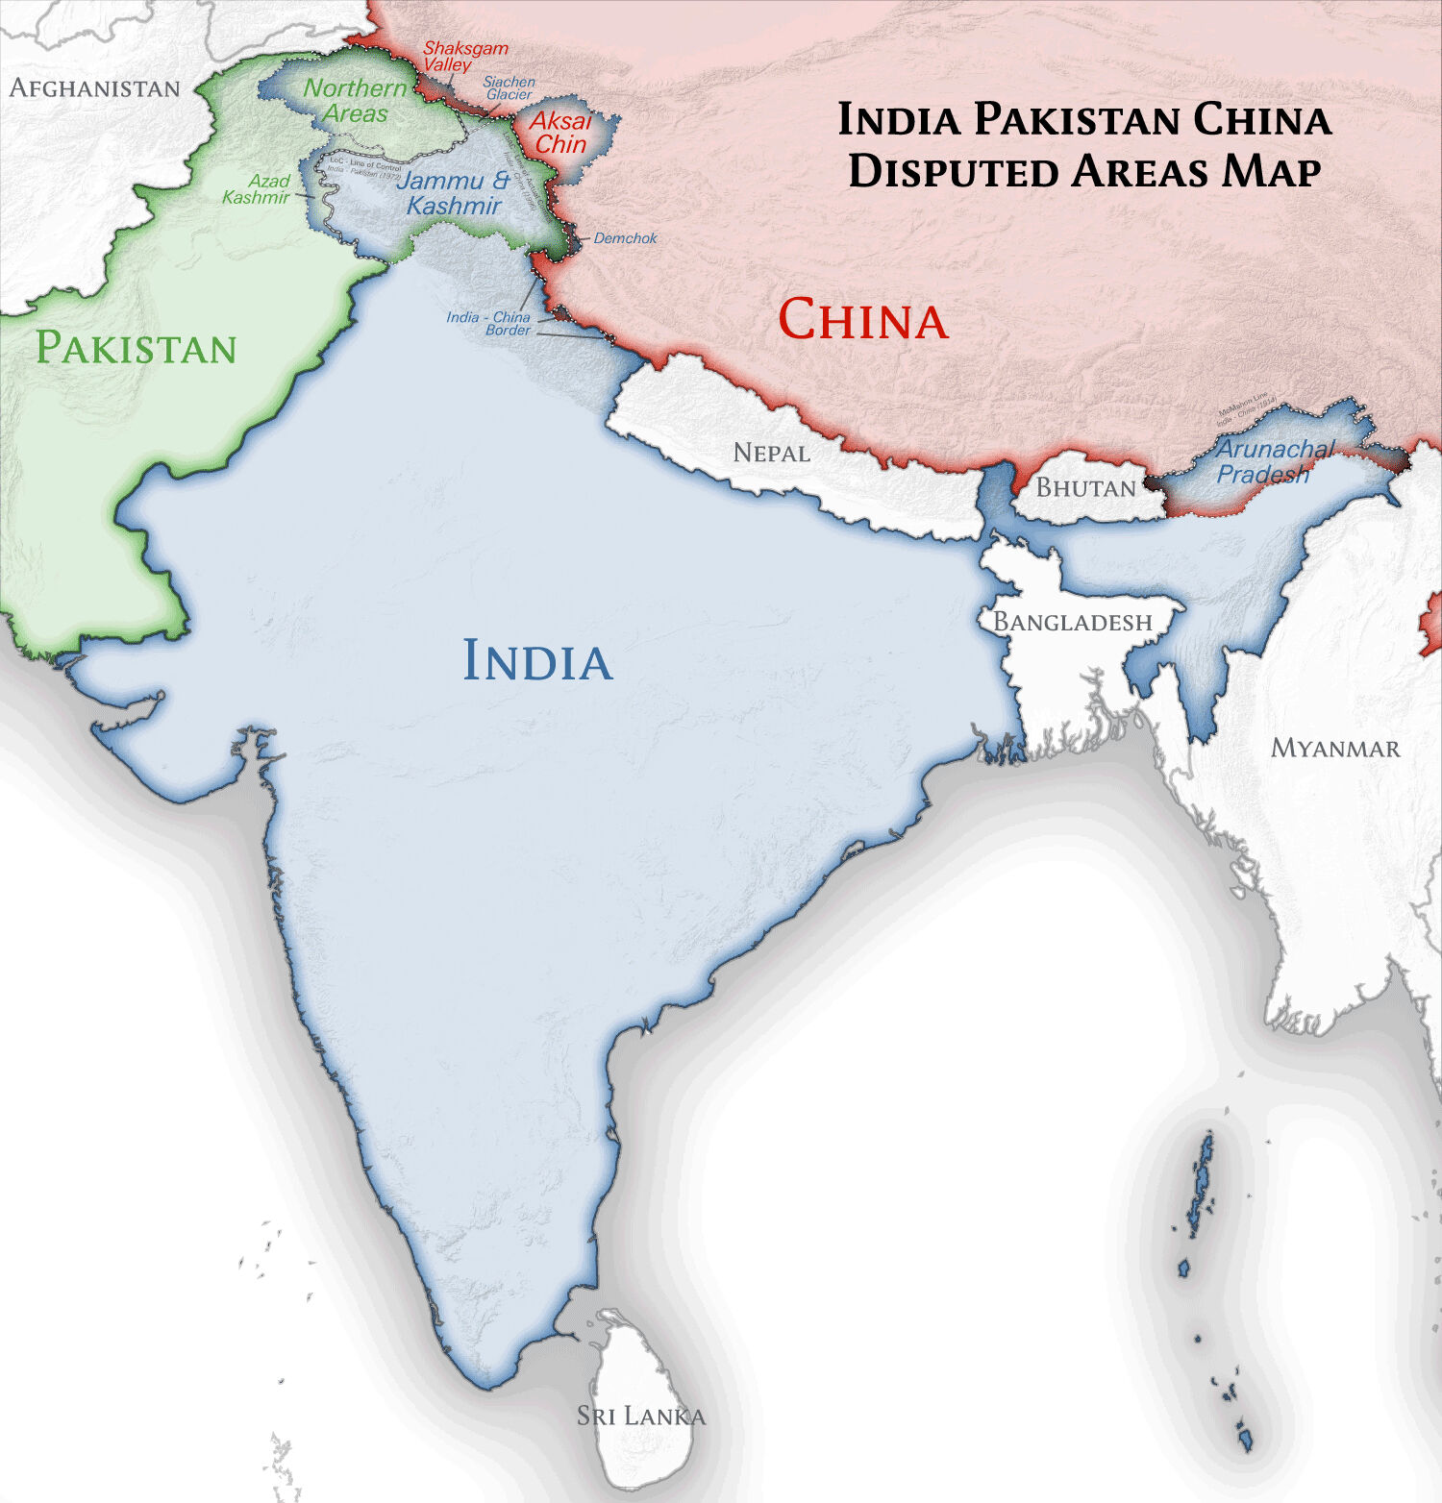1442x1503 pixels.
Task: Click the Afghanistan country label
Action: click(x=94, y=88)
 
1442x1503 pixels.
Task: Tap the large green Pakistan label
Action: click(x=136, y=348)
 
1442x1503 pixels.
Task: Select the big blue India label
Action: click(x=536, y=661)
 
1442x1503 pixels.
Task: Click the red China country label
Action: click(x=862, y=319)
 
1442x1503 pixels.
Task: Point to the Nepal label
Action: click(x=771, y=453)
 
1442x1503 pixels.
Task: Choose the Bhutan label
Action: click(x=1085, y=488)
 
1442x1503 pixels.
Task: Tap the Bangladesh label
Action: click(x=1072, y=623)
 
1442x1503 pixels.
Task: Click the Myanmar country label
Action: click(x=1335, y=749)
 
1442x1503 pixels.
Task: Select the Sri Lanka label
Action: click(x=641, y=1416)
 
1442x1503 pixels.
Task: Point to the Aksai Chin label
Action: click(x=560, y=133)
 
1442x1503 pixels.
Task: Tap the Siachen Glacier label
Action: click(x=509, y=88)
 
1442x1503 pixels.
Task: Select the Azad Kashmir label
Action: click(x=257, y=189)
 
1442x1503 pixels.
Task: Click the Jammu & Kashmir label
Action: click(x=453, y=193)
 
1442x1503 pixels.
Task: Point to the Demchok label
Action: click(x=625, y=238)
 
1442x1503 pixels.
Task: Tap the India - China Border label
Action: click(x=488, y=323)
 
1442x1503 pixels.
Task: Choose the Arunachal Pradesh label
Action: click(x=1275, y=461)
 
